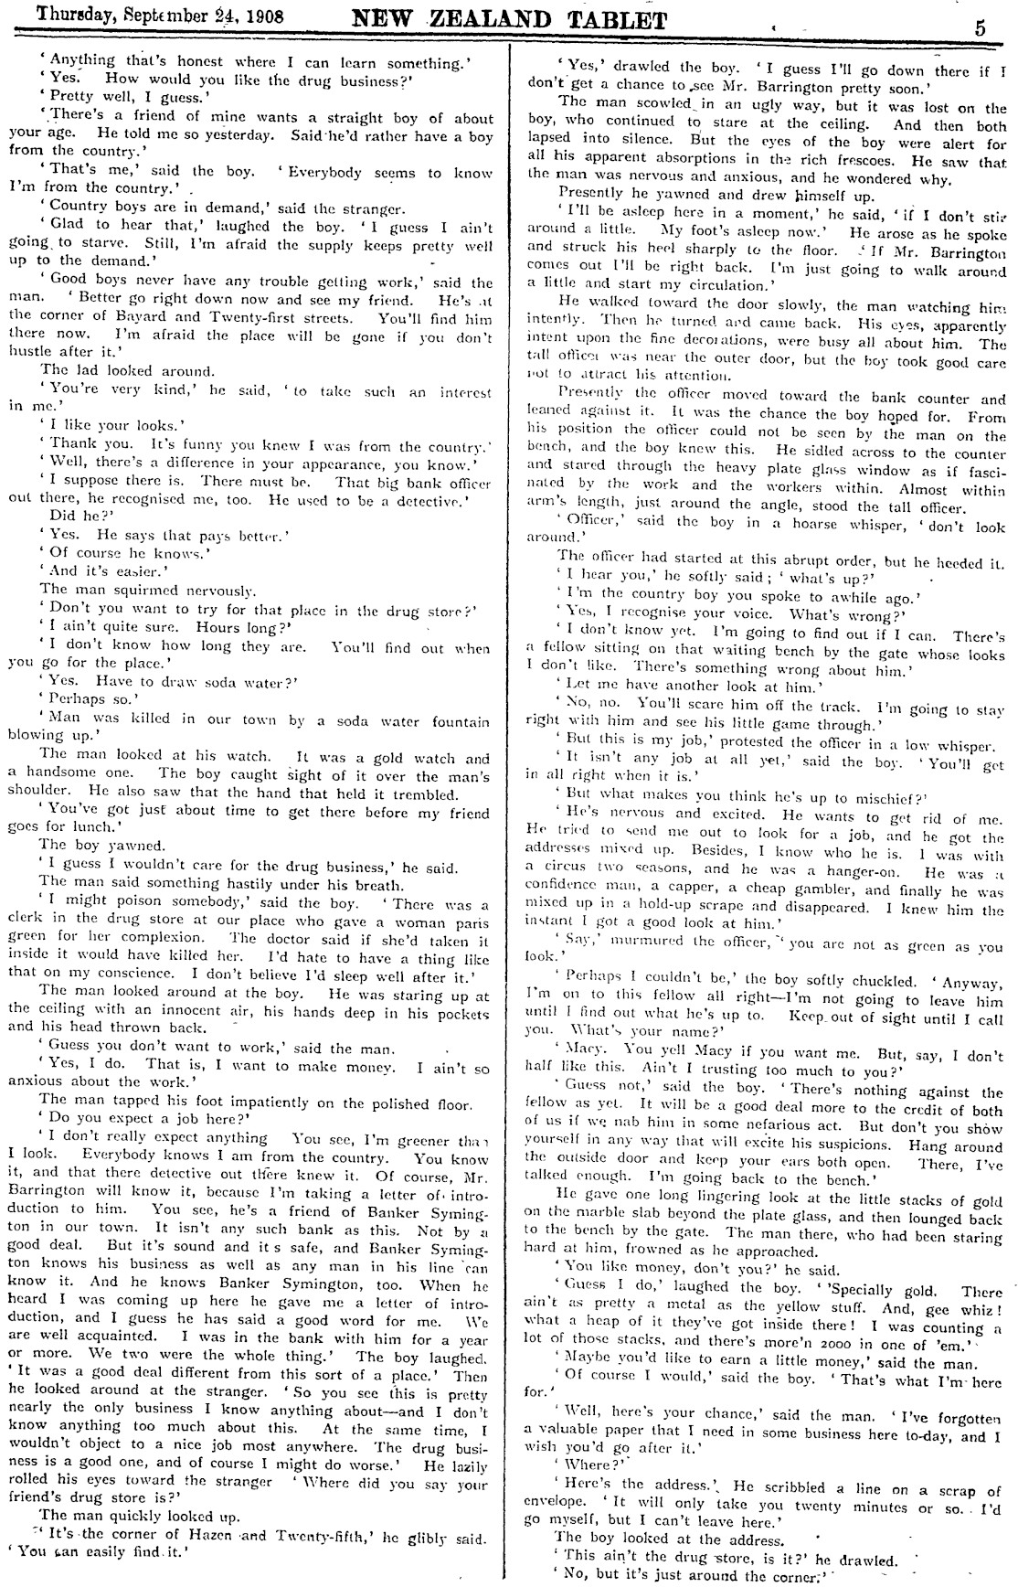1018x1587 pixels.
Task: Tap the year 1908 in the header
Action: pyautogui.click(x=257, y=16)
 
